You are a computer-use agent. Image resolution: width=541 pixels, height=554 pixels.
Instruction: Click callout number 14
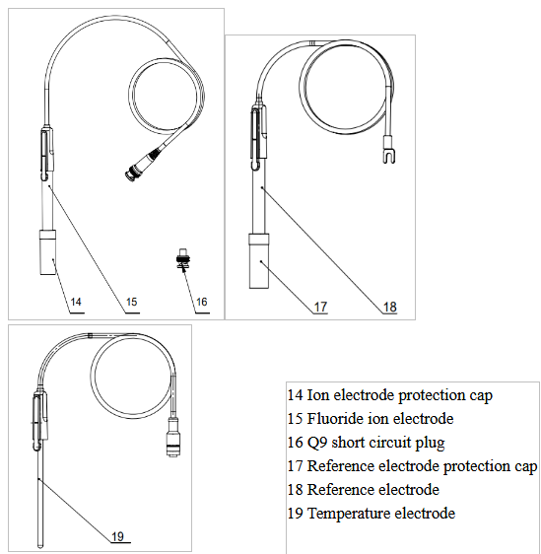[76, 302]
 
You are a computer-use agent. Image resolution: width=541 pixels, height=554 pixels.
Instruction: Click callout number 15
[131, 302]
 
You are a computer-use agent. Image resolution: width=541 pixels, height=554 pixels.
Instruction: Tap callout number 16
[201, 302]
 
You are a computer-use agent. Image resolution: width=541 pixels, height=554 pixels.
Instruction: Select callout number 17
[320, 307]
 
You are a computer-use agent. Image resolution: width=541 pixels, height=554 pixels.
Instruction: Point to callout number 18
[390, 307]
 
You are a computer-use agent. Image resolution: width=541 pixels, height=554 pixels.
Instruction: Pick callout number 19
[117, 536]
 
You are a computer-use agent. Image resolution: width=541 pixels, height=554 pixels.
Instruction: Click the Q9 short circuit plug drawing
[183, 259]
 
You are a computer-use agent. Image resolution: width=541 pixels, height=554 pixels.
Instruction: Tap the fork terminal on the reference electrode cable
[389, 156]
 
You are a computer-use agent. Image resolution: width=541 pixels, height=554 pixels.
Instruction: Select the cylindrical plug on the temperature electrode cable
[172, 438]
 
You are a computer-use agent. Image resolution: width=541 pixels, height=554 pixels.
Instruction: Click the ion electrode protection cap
[47, 252]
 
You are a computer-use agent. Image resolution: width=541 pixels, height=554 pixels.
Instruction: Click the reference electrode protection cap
[259, 261]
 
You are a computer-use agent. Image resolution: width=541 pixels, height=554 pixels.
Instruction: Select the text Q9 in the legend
[317, 443]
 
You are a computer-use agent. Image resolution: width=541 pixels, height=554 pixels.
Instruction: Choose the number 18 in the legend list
[296, 490]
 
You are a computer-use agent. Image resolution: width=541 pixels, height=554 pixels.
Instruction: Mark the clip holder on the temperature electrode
[39, 421]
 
